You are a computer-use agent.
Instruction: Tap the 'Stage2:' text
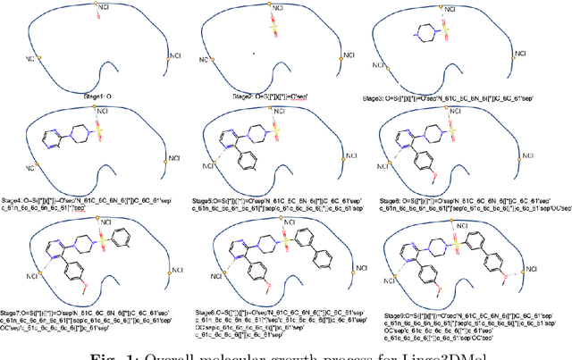coord(231,93)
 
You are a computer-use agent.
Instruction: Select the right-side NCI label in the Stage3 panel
coord(519,53)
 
